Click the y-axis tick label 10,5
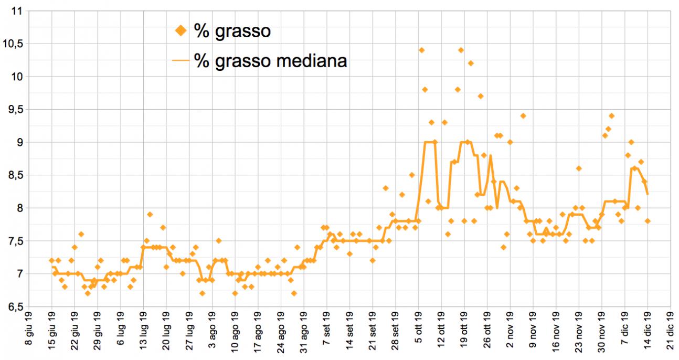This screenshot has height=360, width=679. [14, 44]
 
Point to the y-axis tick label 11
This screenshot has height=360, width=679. [18, 11]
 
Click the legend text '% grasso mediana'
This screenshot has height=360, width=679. [270, 60]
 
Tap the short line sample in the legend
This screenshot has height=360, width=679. [181, 60]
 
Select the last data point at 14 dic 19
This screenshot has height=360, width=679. [648, 221]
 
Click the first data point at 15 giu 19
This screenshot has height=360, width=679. [51, 260]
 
